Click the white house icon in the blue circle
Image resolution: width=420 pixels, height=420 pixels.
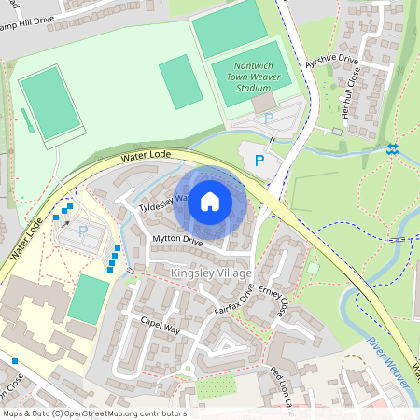(x=210, y=202)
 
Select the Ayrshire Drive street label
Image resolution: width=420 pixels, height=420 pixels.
(x=331, y=61)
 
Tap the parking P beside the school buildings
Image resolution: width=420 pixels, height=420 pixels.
(x=82, y=231)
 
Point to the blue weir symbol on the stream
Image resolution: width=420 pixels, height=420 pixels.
(x=392, y=148)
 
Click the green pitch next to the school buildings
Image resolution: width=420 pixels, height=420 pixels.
(x=89, y=300)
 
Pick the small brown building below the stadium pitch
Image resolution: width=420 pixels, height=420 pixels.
(x=264, y=101)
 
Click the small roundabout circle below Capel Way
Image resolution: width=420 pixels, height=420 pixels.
(x=187, y=368)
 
